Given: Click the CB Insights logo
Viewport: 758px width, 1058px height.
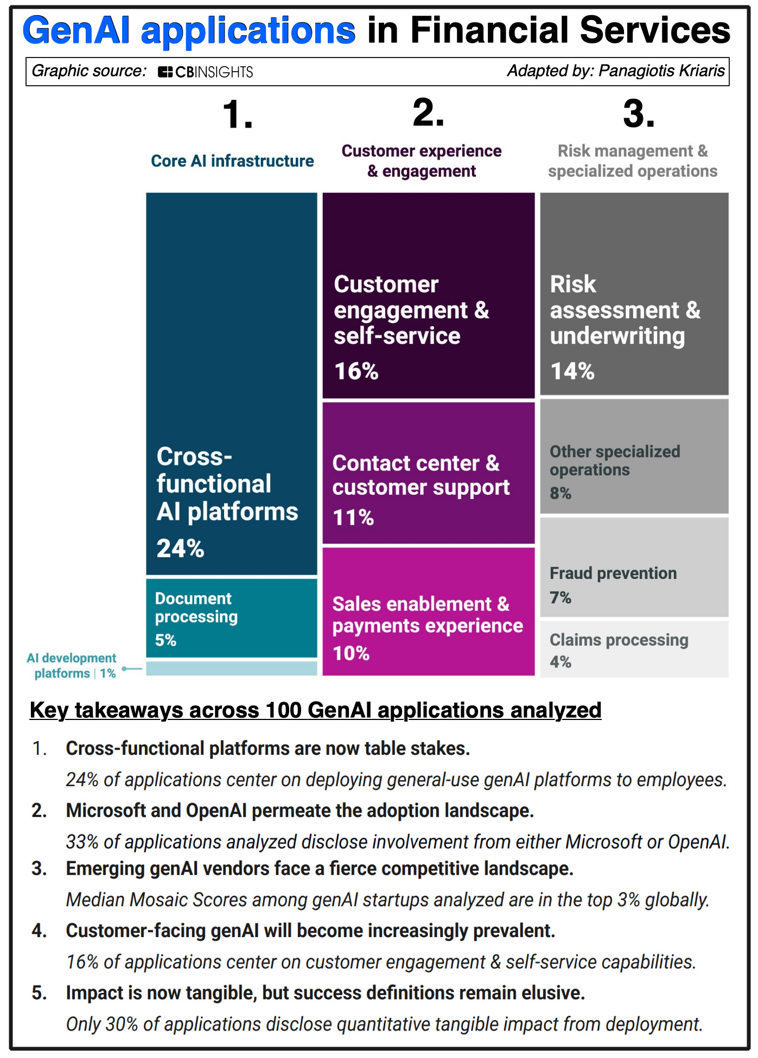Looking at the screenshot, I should coord(205,72).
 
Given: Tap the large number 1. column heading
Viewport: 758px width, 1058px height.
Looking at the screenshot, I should coord(237,114).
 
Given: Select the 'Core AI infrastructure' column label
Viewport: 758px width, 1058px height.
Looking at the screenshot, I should coord(232,161).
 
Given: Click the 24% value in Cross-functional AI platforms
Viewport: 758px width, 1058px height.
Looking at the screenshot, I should coord(180,549).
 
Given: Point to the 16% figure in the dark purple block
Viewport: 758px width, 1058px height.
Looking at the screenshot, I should coord(356,372).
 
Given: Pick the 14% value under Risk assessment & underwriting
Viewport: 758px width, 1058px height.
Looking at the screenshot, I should coord(572,372).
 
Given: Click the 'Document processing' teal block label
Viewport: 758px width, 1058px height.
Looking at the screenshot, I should coord(196,608).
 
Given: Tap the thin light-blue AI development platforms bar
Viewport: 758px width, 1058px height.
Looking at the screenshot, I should coord(231,668).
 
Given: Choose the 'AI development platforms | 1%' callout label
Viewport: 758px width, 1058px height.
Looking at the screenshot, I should coord(72,666).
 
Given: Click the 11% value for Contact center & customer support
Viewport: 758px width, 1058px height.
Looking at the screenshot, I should coord(353,518).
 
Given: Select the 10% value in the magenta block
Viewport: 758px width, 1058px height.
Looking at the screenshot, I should coord(351,653).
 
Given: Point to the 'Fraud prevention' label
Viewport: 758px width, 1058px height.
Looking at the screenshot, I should coord(613,573).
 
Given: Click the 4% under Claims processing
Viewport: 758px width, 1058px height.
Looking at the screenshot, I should coord(560,662).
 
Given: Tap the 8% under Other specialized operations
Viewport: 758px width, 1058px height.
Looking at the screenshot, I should coord(560,493).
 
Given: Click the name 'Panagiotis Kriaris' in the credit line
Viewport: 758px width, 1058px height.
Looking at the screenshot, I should coord(661,71).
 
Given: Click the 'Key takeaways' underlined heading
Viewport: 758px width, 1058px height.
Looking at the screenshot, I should coord(315,710).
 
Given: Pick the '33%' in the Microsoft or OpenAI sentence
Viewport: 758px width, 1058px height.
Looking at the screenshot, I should coord(82,842).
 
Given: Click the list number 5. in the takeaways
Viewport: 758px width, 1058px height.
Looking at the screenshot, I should coord(39,993).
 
